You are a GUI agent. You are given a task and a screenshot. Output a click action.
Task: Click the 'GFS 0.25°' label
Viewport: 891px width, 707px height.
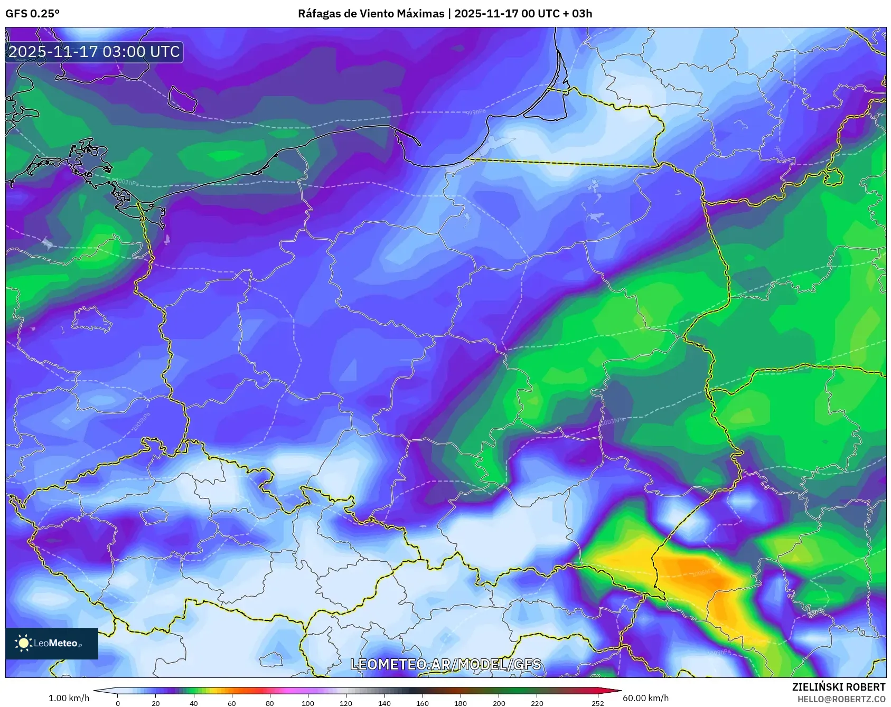click(x=32, y=14)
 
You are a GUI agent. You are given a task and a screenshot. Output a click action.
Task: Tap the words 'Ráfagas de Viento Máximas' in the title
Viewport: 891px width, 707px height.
click(x=371, y=14)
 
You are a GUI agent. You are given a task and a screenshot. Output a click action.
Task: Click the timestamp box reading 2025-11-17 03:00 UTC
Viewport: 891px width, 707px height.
click(x=94, y=52)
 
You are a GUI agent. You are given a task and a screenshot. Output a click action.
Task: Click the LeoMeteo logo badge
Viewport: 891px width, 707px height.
click(x=52, y=643)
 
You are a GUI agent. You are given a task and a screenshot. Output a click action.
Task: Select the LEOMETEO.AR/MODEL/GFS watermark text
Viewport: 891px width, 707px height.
click(x=445, y=664)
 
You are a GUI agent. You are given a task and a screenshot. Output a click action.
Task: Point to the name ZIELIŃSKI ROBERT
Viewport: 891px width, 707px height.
click(x=838, y=687)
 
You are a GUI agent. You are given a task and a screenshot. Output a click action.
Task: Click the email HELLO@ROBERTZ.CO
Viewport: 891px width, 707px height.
click(x=841, y=699)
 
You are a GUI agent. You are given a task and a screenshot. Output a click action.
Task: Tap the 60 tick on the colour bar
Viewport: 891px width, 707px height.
click(x=232, y=703)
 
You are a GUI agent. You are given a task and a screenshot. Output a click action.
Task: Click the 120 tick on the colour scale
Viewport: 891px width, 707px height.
click(x=346, y=703)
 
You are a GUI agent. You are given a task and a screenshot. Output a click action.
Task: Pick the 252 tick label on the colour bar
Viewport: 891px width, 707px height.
click(x=597, y=703)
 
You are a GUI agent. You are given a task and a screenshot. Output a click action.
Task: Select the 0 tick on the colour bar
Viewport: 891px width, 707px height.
click(x=117, y=703)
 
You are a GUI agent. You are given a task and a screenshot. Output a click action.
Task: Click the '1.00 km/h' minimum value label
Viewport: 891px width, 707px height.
click(x=69, y=698)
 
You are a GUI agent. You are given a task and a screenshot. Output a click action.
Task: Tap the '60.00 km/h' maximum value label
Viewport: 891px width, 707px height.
click(x=645, y=698)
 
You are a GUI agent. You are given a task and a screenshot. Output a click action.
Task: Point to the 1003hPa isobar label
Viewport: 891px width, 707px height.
click(x=613, y=421)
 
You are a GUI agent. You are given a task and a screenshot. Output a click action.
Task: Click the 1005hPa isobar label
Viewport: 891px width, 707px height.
click(x=142, y=421)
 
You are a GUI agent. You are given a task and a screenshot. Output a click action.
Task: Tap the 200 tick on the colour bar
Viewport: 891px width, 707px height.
click(x=499, y=703)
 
